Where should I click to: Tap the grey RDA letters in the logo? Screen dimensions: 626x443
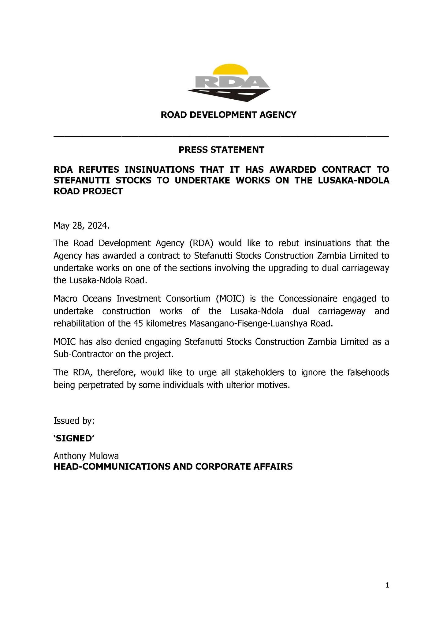pyautogui.click(x=229, y=82)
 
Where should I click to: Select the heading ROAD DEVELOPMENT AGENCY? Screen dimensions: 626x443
pyautogui.click(x=229, y=115)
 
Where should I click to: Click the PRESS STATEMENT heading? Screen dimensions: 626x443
pyautogui.click(x=221, y=150)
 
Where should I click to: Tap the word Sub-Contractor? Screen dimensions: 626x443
pyautogui.click(x=81, y=354)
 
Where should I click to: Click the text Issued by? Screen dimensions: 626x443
pyautogui.click(x=74, y=421)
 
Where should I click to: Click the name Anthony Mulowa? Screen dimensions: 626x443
pyautogui.click(x=86, y=456)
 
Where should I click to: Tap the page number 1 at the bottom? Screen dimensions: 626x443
pyautogui.click(x=387, y=586)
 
